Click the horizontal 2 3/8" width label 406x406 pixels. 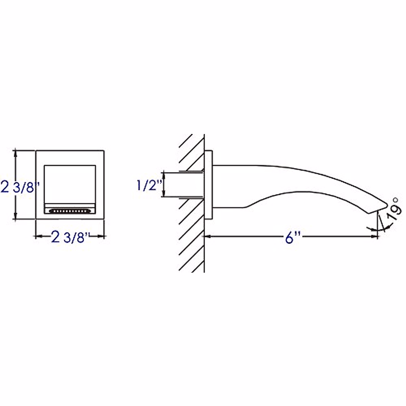coord(70,237)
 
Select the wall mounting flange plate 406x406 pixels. coord(208,185)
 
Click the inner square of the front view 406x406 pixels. coord(70,184)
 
